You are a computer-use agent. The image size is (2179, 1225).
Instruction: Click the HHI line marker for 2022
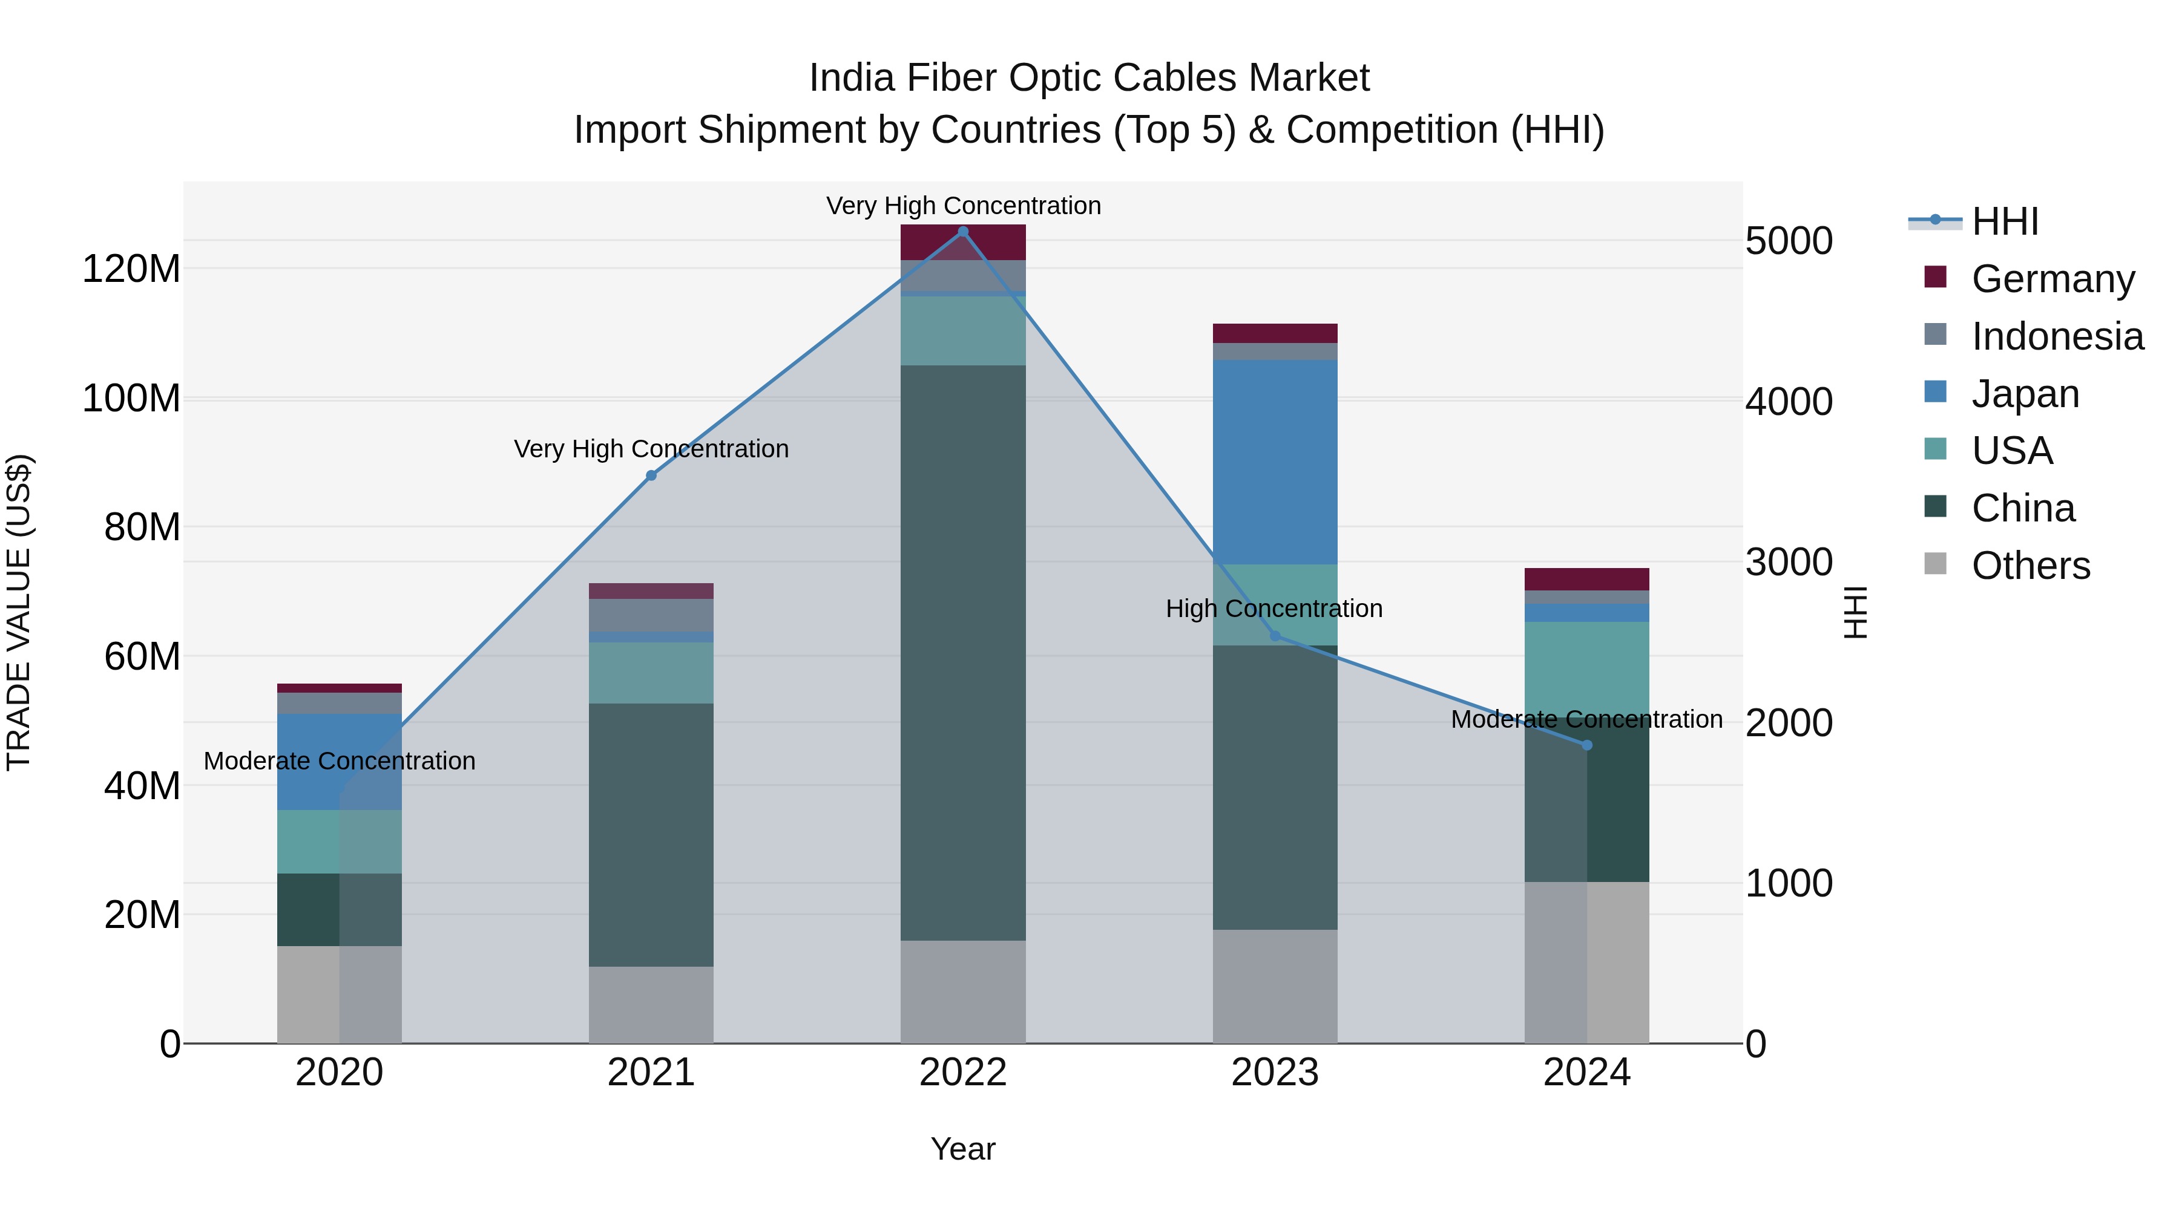962,232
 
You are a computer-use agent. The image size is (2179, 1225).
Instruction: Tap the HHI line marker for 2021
651,476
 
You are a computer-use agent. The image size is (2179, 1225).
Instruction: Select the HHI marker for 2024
1587,745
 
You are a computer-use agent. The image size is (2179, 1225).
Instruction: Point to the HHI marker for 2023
1275,636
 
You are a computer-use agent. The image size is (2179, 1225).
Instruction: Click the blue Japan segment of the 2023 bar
1275,462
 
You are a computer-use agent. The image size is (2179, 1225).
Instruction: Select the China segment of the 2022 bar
962,651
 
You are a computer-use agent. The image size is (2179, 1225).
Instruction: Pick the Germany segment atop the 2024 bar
1587,579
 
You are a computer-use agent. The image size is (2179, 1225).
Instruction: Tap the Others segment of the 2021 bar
651,1004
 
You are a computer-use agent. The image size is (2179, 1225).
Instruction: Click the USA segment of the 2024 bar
1587,668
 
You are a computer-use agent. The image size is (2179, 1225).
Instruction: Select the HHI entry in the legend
2004,221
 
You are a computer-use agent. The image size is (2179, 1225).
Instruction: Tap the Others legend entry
2030,566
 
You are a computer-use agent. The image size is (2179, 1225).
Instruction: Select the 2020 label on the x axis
339,1073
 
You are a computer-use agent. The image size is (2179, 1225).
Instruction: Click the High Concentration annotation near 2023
1274,609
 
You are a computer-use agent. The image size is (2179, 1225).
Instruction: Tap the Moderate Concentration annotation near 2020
339,761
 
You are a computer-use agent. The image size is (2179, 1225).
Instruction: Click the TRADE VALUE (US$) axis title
19,612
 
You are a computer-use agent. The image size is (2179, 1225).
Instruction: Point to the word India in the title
851,79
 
